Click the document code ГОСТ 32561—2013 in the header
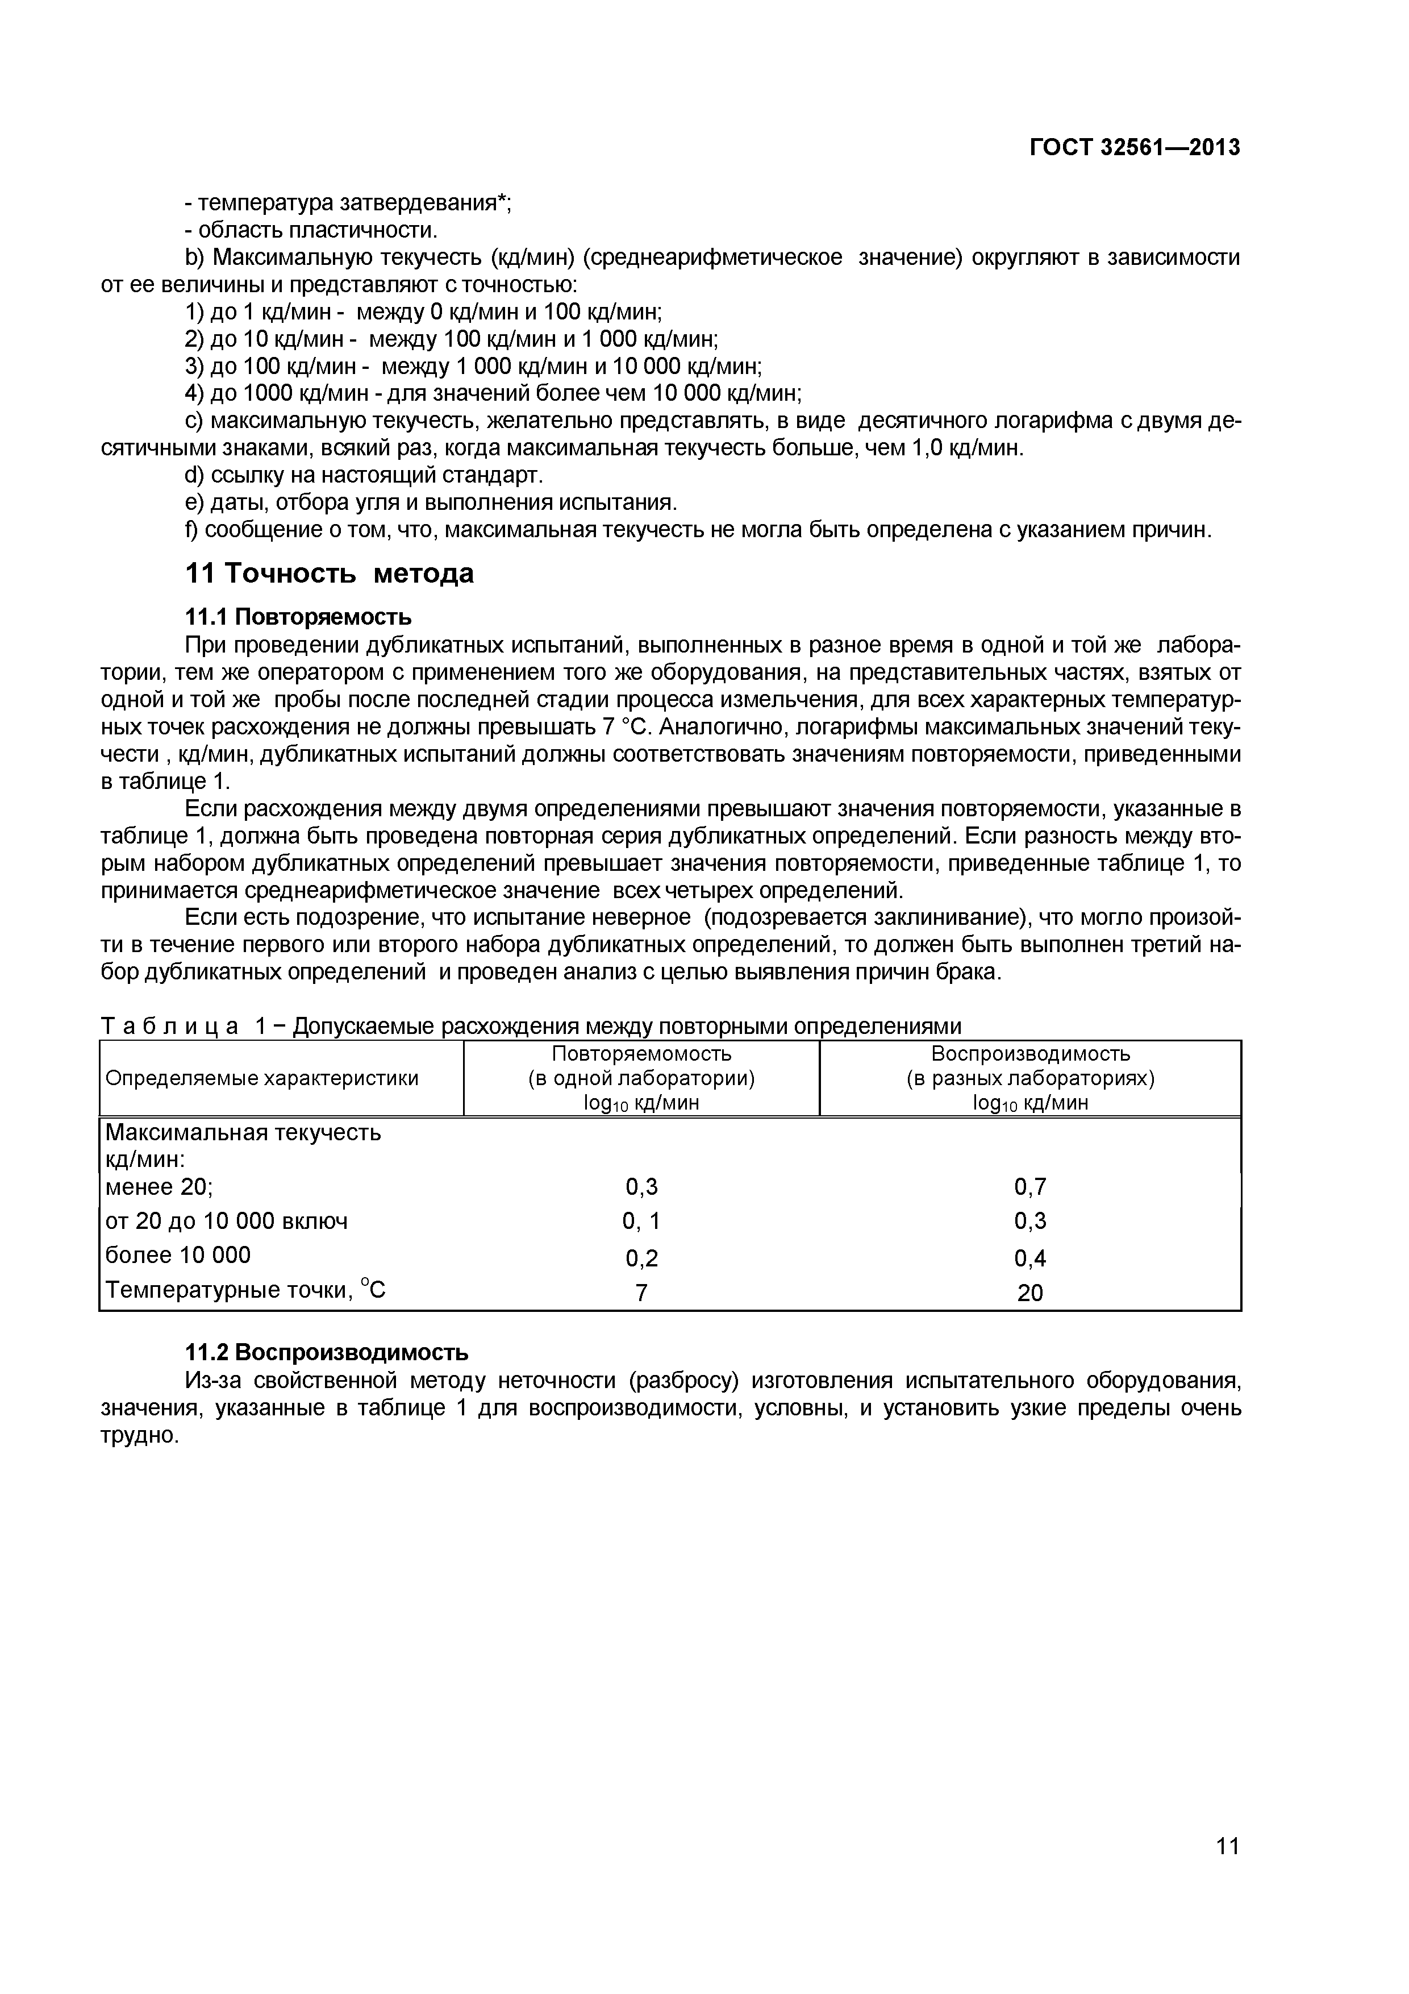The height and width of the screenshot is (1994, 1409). [1134, 148]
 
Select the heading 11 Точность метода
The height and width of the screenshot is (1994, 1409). [330, 573]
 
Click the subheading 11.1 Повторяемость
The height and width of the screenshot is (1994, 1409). [298, 617]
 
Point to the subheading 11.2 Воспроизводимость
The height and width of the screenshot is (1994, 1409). [327, 1352]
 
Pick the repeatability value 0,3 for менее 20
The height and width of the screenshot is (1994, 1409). [641, 1186]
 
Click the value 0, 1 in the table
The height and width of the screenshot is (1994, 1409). [641, 1221]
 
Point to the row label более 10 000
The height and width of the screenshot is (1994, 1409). [177, 1255]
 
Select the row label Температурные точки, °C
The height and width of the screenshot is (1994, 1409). [245, 1290]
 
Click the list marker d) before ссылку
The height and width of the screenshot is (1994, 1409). [194, 475]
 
